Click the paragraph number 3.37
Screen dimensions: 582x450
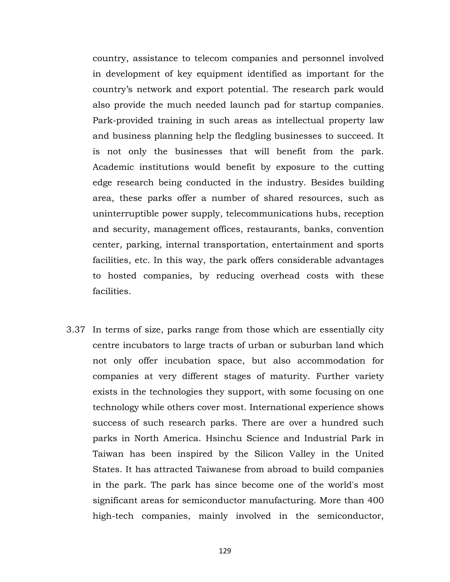coord(76,330)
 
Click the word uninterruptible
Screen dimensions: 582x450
coord(125,214)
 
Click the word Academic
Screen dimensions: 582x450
coord(114,167)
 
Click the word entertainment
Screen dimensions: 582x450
coord(302,245)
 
